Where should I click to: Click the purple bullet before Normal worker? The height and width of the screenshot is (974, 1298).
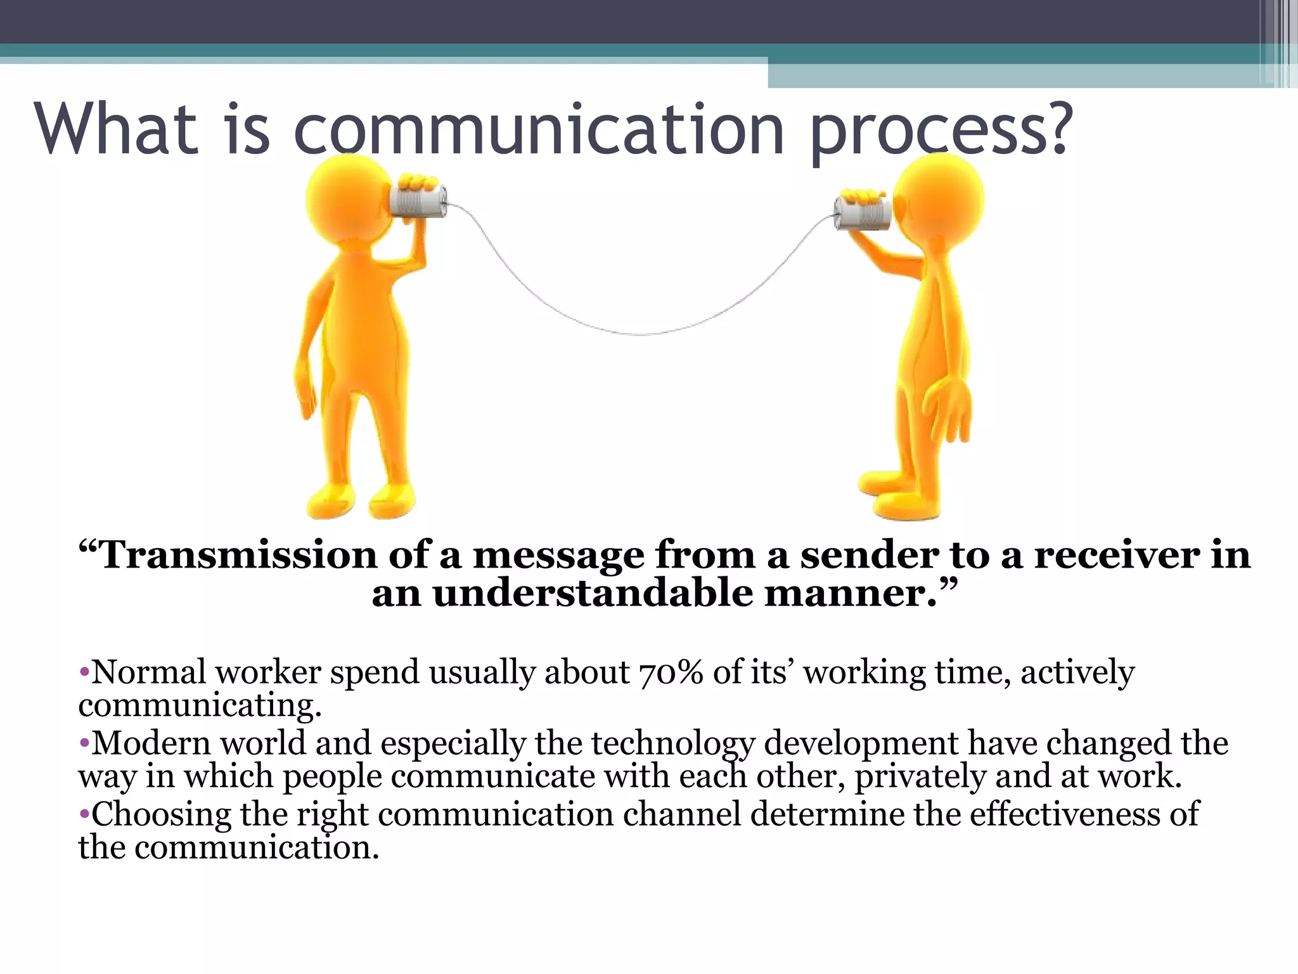pyautogui.click(x=84, y=671)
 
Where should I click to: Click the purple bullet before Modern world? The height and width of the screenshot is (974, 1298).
pyautogui.click(x=84, y=743)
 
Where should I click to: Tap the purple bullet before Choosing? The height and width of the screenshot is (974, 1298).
pyautogui.click(x=84, y=814)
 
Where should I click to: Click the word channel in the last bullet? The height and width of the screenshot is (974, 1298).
pyautogui.click(x=681, y=814)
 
